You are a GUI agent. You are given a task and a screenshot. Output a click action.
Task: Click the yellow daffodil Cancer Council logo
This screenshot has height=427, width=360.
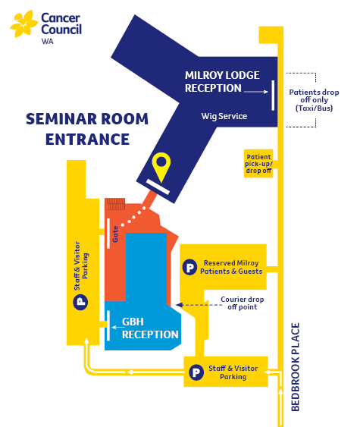(x=23, y=24)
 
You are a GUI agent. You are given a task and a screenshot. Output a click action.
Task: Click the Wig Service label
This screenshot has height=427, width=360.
(x=224, y=116)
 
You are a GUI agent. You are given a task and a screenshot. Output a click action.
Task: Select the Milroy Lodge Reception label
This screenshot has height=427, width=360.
(x=222, y=82)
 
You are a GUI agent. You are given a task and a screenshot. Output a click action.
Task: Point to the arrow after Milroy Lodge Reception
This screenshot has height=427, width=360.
(x=255, y=92)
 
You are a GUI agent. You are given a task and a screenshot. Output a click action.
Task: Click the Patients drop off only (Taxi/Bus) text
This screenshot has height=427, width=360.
(x=314, y=100)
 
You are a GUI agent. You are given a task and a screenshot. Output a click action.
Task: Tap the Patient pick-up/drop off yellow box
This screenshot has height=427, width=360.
(x=258, y=163)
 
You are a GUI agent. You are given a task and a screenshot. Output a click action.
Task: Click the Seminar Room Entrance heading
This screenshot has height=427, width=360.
(x=87, y=129)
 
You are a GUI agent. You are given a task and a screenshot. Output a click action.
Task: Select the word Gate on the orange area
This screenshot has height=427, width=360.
(x=115, y=234)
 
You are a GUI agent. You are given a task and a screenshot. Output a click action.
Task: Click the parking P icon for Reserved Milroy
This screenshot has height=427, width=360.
(x=189, y=267)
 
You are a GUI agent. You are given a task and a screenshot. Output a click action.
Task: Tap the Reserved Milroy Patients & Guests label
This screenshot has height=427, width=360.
(x=231, y=267)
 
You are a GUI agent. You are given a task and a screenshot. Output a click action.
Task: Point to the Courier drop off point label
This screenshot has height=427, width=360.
(x=243, y=303)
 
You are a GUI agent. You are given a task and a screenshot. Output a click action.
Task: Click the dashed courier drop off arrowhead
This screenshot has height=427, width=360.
(x=179, y=305)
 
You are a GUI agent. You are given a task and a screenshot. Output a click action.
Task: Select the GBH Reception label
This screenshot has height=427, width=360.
(x=150, y=328)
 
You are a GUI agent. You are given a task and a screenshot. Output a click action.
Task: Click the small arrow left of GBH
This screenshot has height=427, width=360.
(x=117, y=327)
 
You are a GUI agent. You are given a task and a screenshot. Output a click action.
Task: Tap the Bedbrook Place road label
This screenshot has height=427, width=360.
(x=296, y=367)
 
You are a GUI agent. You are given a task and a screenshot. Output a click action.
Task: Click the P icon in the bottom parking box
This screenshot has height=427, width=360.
(x=196, y=372)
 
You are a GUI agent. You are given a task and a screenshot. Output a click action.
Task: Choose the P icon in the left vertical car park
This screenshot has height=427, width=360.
(x=80, y=302)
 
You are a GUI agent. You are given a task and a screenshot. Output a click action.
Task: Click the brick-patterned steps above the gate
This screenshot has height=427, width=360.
(x=115, y=204)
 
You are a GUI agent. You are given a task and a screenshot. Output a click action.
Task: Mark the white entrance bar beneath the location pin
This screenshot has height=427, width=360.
(x=158, y=187)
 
